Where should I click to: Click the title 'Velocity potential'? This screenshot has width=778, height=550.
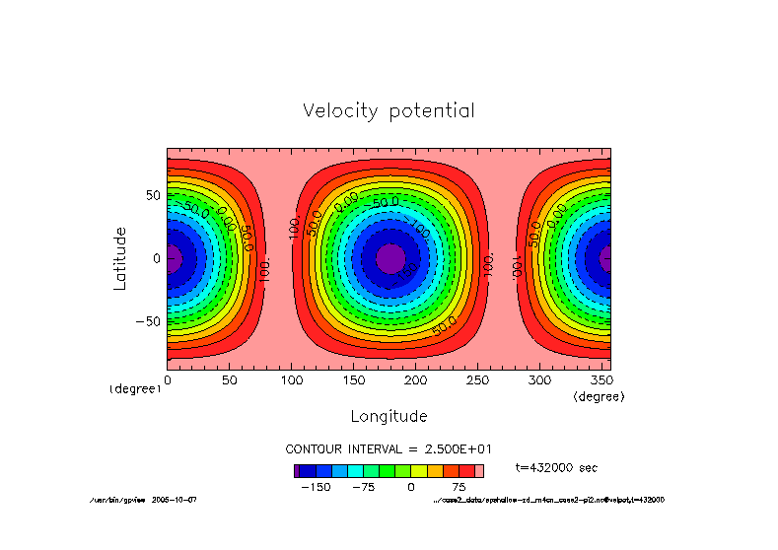pyautogui.click(x=389, y=110)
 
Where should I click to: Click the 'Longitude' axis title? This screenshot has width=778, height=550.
pyautogui.click(x=389, y=415)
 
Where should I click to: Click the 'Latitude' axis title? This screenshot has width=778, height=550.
pyautogui.click(x=120, y=257)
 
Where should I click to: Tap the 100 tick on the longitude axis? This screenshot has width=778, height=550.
pyautogui.click(x=292, y=379)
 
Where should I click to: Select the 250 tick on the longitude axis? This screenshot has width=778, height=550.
pyautogui.click(x=479, y=379)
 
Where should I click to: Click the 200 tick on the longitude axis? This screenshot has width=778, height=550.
pyautogui.click(x=417, y=379)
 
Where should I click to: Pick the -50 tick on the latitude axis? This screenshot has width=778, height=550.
pyautogui.click(x=147, y=321)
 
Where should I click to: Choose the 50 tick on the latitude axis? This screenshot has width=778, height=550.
pyautogui.click(x=152, y=195)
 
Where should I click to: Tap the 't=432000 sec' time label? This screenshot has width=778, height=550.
pyautogui.click(x=556, y=467)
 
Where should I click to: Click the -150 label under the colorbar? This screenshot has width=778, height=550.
pyautogui.click(x=316, y=487)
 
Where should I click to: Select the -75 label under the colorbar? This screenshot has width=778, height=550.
pyautogui.click(x=363, y=487)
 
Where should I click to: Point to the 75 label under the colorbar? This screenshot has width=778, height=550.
pyautogui.click(x=459, y=487)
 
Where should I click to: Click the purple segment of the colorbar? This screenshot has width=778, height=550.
pyautogui.click(x=296, y=471)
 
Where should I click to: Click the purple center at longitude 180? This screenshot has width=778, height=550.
pyautogui.click(x=390, y=258)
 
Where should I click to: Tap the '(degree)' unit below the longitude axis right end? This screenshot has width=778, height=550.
pyautogui.click(x=599, y=395)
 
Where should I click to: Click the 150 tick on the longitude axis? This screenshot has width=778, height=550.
pyautogui.click(x=354, y=379)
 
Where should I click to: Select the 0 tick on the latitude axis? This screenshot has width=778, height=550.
pyautogui.click(x=156, y=258)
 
